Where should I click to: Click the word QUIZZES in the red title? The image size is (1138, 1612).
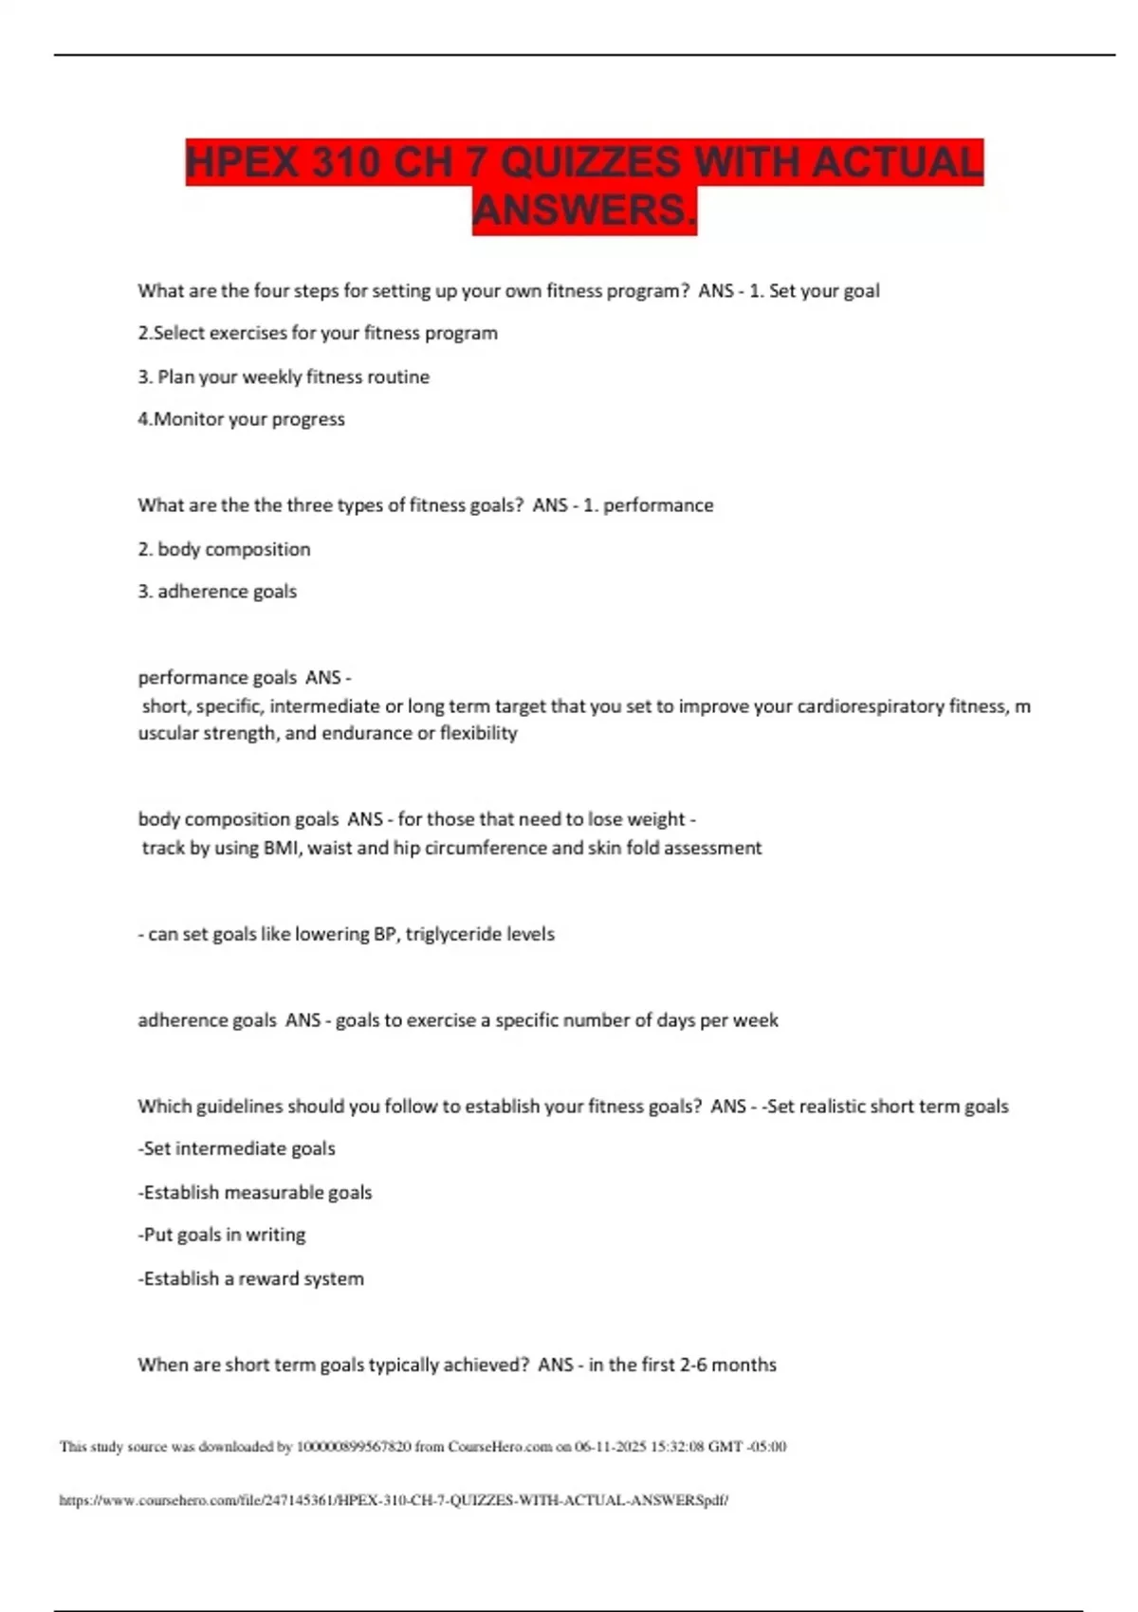[x=590, y=162]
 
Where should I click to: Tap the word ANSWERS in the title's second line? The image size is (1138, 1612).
[x=584, y=211]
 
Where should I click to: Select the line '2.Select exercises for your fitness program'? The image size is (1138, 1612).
[x=318, y=333]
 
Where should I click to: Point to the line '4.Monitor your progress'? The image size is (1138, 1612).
[x=242, y=419]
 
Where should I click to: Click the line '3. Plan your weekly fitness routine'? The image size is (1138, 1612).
[x=284, y=376]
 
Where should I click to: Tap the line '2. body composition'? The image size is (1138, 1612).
[x=225, y=549]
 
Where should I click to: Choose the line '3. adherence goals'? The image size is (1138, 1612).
[x=217, y=592]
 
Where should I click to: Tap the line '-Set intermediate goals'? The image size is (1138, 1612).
[x=237, y=1148]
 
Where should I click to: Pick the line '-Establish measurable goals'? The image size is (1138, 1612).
[x=255, y=1192]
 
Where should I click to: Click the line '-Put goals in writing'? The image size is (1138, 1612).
[x=222, y=1235]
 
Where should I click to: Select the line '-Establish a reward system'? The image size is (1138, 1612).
[x=251, y=1278]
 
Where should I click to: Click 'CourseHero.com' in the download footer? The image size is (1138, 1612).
[x=500, y=1447]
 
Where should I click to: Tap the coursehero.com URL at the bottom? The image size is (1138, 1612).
[x=394, y=1500]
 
